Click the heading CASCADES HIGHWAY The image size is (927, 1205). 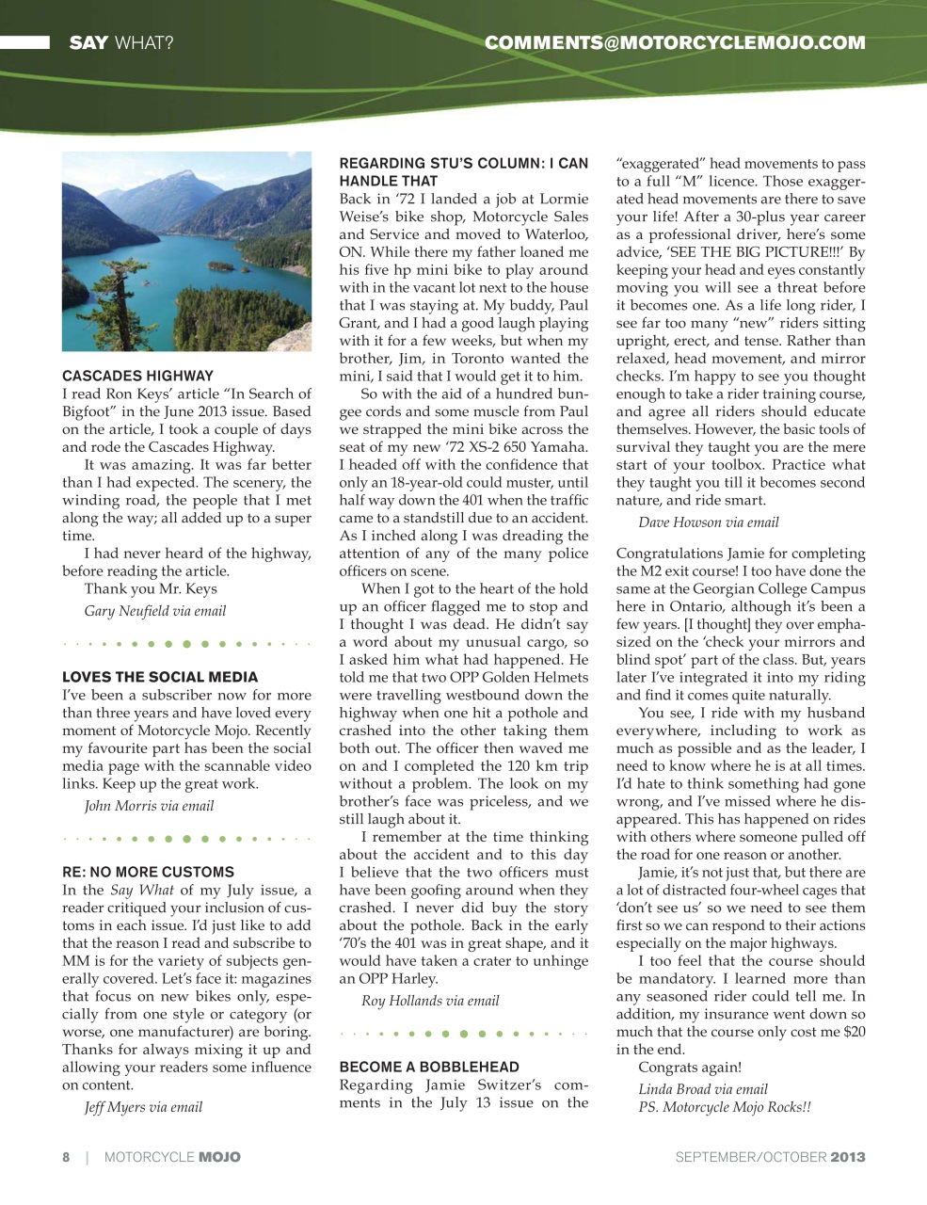click(137, 376)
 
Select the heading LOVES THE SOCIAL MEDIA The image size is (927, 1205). click(160, 677)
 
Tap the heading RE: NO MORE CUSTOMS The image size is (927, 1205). click(148, 872)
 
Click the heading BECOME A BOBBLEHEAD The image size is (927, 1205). click(429, 1067)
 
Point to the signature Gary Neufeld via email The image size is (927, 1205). click(155, 611)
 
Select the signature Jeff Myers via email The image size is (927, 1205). click(143, 1107)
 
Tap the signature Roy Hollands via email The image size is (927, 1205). click(430, 1001)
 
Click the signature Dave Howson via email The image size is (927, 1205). click(709, 522)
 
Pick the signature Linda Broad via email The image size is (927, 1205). click(703, 1089)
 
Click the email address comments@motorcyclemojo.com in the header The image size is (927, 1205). click(675, 42)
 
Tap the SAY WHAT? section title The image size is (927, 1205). click(120, 42)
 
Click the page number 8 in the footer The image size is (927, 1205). click(66, 1157)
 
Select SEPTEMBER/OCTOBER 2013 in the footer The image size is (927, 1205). click(770, 1157)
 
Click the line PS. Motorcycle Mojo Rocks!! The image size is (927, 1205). click(725, 1107)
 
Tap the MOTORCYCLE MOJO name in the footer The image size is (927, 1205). click(172, 1157)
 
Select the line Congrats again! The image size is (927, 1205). click(690, 1068)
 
